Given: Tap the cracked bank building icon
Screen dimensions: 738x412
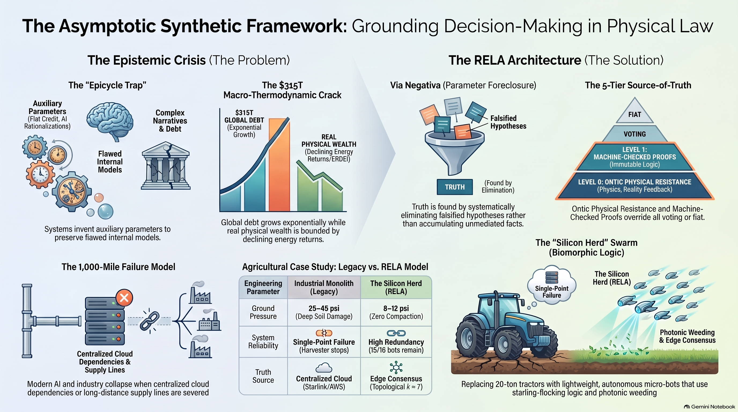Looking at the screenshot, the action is (x=165, y=165).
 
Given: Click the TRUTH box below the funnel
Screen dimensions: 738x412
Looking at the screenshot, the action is (x=455, y=187).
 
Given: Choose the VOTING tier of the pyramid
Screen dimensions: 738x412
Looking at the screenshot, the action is (x=634, y=134).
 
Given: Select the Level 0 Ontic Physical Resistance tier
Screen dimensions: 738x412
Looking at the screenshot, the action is (x=634, y=186).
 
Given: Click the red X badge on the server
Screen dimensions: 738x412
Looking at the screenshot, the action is (x=124, y=298).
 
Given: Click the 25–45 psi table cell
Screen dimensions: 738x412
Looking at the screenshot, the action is (x=324, y=312).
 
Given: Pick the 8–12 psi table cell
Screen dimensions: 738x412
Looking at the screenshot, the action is (x=396, y=312).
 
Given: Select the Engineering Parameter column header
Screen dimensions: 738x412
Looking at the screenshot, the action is (x=263, y=287).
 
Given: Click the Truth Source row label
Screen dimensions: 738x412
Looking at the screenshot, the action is (x=263, y=376).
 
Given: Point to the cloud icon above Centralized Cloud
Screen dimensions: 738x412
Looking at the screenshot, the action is (x=324, y=367).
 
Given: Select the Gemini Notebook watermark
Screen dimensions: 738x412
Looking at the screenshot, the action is (x=709, y=407).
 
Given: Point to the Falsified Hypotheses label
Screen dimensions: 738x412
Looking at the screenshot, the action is (x=508, y=122).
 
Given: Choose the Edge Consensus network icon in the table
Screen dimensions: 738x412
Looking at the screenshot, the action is (x=396, y=367).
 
